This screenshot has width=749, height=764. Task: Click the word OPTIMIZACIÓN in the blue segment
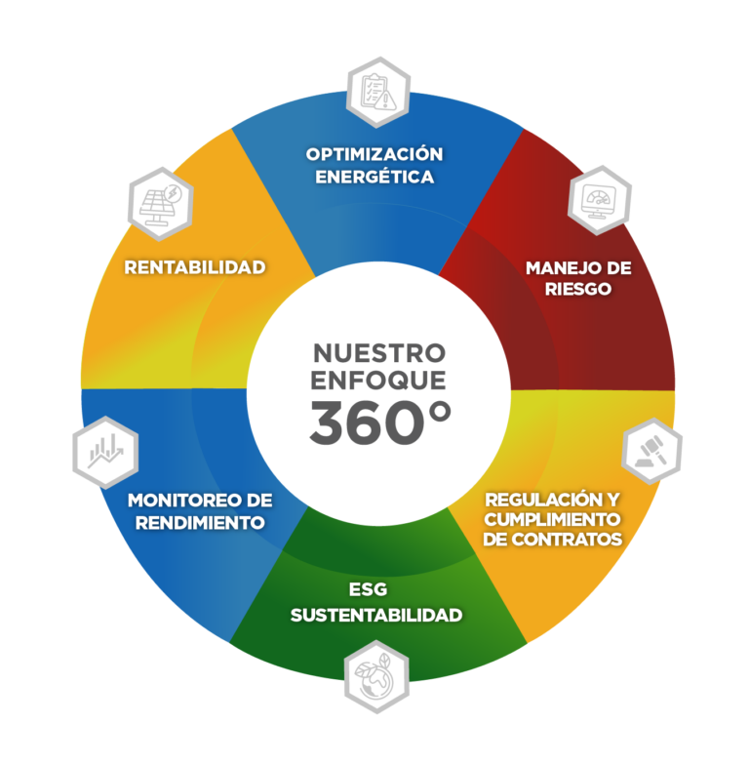(374, 154)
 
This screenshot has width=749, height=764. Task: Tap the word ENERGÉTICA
(374, 177)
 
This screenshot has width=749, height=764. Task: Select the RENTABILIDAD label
(195, 267)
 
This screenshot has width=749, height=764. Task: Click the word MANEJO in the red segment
(557, 268)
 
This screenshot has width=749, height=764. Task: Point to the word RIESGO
(578, 289)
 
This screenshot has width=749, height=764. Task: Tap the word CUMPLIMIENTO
(552, 519)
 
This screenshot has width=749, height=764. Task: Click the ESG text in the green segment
(369, 589)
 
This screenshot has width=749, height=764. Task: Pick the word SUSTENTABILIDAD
(376, 615)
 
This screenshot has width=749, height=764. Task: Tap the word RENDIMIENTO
(200, 523)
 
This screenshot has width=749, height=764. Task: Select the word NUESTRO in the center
(378, 353)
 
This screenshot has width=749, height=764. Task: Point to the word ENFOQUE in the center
(378, 381)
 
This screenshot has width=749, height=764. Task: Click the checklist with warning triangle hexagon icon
(377, 93)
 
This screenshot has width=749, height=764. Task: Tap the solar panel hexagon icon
(160, 204)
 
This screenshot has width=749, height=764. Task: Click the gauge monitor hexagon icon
(600, 200)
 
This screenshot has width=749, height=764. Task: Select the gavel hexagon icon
(651, 451)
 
